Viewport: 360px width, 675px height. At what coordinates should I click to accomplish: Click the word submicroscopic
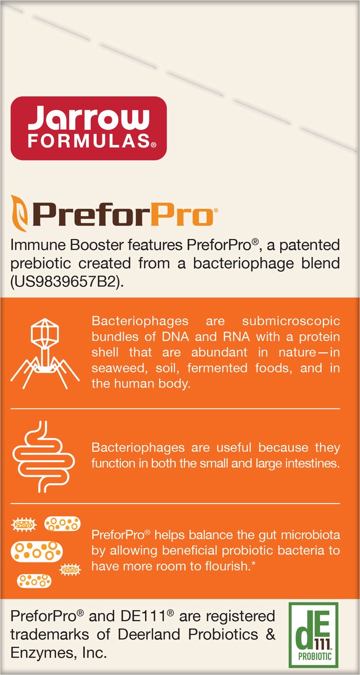[x=291, y=321]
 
